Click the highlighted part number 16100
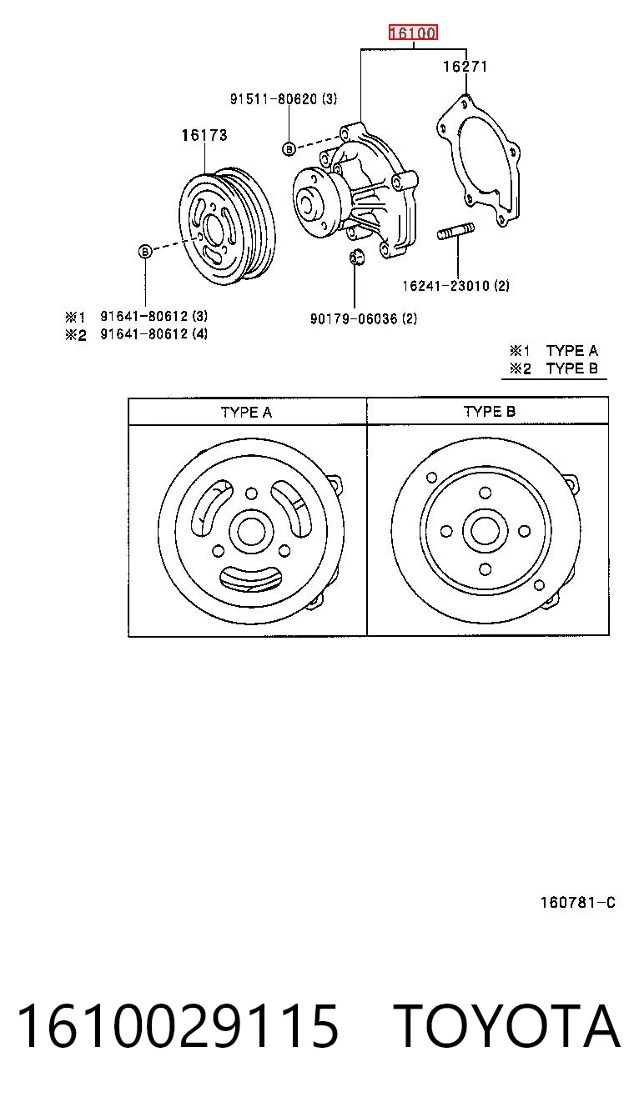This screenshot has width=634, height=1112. pos(413,33)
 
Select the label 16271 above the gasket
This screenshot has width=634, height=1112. pos(465,67)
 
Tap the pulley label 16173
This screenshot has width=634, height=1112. pos(204,135)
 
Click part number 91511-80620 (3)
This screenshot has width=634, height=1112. pos(283,99)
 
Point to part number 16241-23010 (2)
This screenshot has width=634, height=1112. pos(455,285)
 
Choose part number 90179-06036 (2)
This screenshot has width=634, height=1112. pos(364,318)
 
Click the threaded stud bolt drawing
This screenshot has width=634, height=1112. pos(456,232)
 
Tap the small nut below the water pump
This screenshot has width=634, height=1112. pos(356,257)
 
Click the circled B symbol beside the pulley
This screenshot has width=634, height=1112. pos(145,252)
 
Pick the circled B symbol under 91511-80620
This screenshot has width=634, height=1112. pos(289,148)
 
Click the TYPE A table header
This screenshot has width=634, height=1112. pos(246,413)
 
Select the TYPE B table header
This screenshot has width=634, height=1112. pos(490,412)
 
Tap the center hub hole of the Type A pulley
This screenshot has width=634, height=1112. pos(251,531)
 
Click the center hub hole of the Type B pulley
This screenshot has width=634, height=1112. pos(485,531)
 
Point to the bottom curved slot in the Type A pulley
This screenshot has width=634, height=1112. pos(250,579)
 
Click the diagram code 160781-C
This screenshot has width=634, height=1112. pos(578,902)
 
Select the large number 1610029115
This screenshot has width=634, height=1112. pos(179,1025)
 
